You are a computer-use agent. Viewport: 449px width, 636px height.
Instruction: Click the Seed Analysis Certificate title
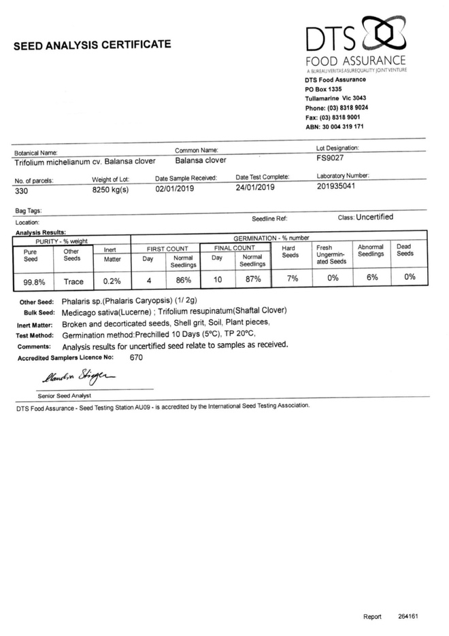click(92, 45)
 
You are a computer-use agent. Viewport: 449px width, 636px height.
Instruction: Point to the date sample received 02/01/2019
click(175, 188)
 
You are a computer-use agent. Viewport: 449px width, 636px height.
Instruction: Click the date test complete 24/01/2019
click(255, 188)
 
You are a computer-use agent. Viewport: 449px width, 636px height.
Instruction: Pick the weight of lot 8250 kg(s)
click(110, 190)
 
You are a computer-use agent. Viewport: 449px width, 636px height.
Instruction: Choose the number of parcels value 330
click(21, 192)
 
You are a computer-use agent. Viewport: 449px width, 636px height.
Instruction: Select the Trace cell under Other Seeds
click(73, 281)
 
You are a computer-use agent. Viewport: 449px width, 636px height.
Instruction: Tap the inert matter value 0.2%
click(112, 280)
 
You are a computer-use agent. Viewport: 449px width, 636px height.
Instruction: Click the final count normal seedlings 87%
click(253, 279)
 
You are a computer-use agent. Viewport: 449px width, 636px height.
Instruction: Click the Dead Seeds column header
click(405, 250)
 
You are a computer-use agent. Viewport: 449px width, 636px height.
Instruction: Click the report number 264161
click(408, 616)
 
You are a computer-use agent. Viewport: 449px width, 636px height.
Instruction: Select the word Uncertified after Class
click(374, 217)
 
